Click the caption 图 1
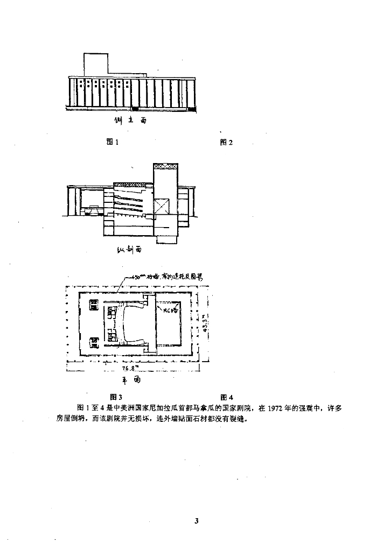(112, 142)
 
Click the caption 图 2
(226, 142)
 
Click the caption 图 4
(226, 397)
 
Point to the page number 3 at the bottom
(197, 520)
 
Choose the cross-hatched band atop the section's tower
(164, 166)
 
